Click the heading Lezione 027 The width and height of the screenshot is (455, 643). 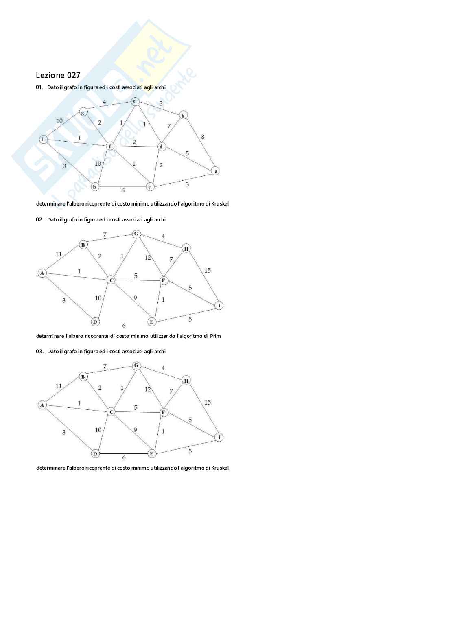[x=58, y=75]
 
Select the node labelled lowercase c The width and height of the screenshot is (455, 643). [x=135, y=101]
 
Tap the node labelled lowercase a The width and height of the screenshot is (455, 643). [x=216, y=171]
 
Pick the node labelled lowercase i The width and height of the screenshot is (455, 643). [x=43, y=139]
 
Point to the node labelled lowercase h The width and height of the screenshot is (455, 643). [x=95, y=187]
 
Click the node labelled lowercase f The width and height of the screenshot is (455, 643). [x=110, y=146]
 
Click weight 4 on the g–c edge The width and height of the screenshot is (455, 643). [x=105, y=102]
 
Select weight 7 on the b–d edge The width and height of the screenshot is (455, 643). [x=169, y=126]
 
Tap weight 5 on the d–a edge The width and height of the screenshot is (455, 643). [x=187, y=153]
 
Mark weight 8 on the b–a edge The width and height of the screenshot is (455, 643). [x=203, y=137]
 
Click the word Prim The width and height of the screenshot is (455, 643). [x=215, y=336]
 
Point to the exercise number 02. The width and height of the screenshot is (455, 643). [x=39, y=220]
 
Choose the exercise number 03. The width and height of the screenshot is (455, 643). [x=39, y=352]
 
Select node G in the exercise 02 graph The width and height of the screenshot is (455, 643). [x=136, y=234]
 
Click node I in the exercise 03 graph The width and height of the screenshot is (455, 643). [x=219, y=437]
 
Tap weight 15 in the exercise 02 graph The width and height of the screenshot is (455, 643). [x=208, y=271]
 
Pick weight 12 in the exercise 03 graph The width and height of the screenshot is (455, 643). [x=148, y=389]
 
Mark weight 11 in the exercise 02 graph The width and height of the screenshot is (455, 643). [x=59, y=254]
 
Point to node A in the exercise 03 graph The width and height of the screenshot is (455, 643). [x=42, y=405]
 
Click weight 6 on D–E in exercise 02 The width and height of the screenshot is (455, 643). [x=124, y=326]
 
